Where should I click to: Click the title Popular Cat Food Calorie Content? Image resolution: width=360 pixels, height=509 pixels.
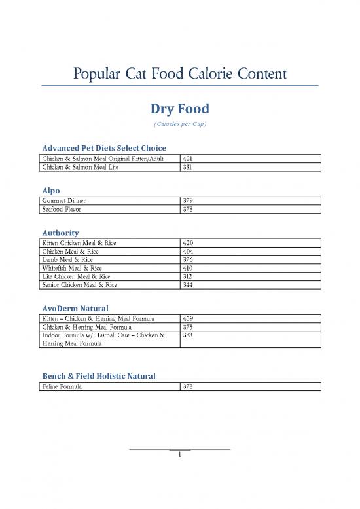pos(179,73)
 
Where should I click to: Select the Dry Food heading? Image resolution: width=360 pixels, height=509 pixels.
pos(179,108)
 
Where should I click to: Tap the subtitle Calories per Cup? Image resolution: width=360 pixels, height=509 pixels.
pos(179,124)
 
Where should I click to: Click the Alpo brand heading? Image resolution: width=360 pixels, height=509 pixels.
pos(51,190)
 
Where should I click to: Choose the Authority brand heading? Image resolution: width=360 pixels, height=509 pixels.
pos(60,233)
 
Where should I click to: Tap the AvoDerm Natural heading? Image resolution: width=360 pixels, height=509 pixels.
pos(75,308)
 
